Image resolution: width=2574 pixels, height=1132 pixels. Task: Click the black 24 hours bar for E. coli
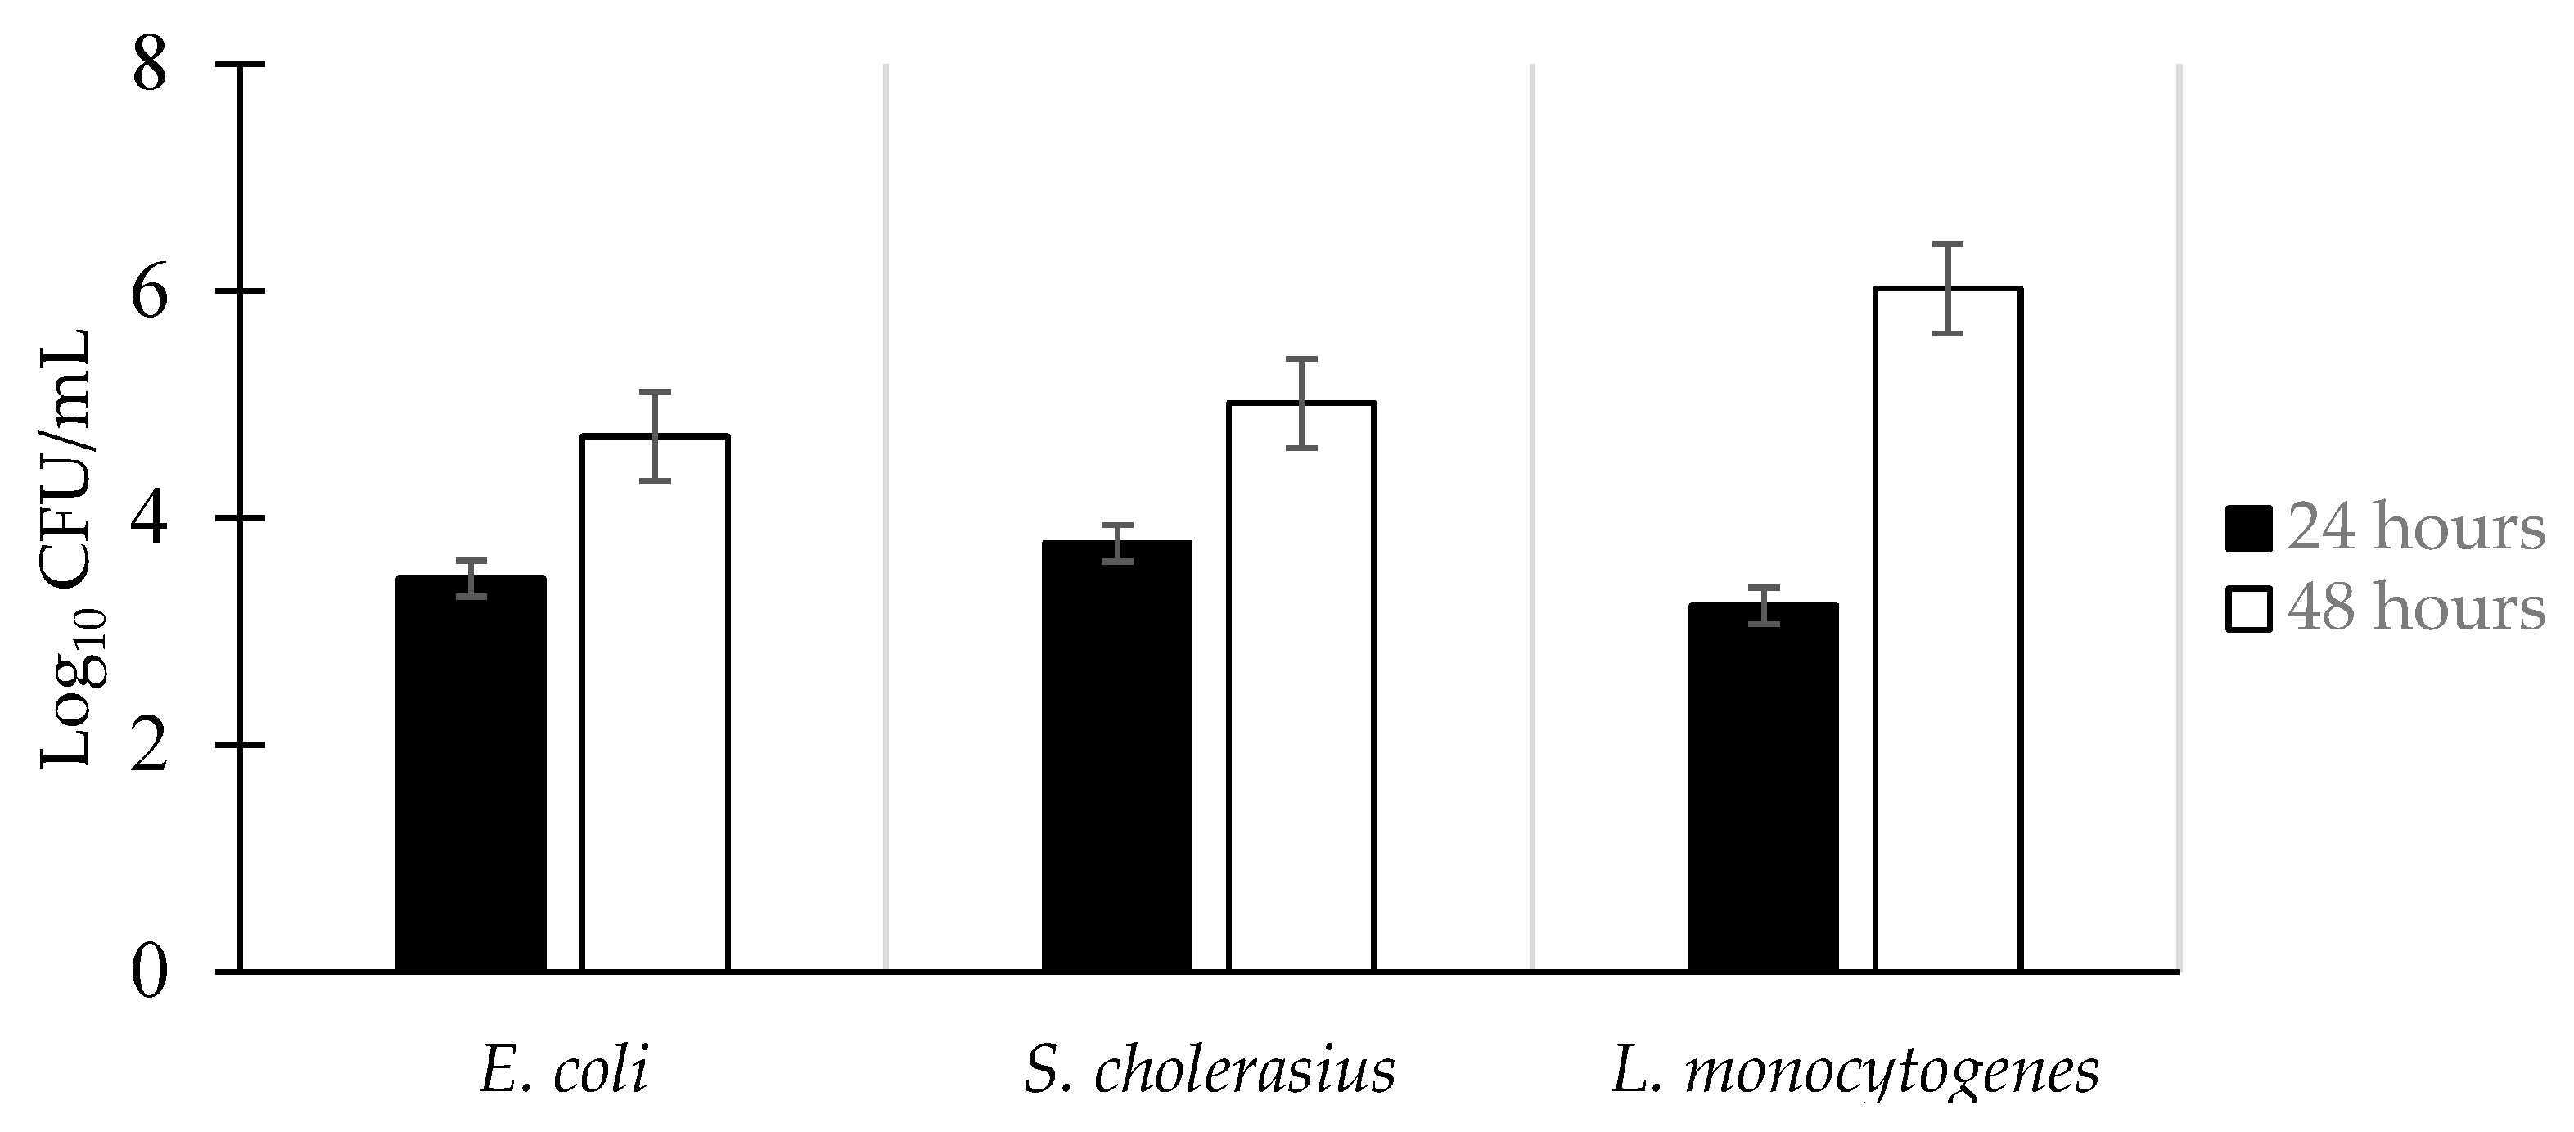(471, 775)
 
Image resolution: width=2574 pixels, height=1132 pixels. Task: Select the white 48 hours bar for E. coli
(655, 705)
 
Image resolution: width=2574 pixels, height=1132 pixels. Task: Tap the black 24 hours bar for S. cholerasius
(1116, 757)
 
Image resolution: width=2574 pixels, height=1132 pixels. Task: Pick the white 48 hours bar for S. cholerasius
(1301, 688)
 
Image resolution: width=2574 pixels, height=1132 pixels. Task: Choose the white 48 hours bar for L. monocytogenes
(1948, 630)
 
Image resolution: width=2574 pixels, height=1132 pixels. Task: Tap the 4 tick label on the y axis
(149, 519)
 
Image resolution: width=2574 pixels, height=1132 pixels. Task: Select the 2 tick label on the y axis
(149, 746)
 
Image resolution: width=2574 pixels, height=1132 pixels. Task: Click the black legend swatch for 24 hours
(2248, 529)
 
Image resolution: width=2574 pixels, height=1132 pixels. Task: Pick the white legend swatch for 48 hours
(2248, 608)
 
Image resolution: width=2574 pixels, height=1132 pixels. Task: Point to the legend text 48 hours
(2416, 608)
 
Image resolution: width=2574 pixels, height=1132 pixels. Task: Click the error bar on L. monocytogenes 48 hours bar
(1948, 289)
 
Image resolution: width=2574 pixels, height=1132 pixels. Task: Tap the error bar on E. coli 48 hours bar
(655, 435)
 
